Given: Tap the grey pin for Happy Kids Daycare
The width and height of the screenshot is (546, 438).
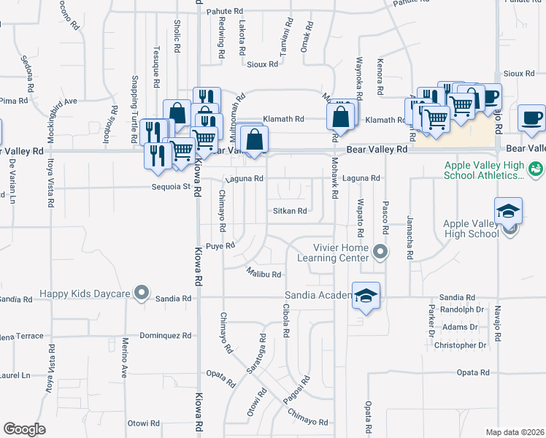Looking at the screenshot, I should click(x=142, y=294).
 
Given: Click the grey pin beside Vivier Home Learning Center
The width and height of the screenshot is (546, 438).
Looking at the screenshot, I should click(x=380, y=253).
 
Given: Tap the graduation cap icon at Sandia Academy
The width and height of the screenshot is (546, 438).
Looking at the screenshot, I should click(x=367, y=295).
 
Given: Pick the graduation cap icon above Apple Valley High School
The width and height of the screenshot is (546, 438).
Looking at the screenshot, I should click(x=508, y=211).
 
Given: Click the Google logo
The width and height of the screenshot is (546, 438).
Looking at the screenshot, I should click(x=24, y=429).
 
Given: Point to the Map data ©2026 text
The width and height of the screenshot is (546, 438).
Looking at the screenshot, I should click(x=515, y=432).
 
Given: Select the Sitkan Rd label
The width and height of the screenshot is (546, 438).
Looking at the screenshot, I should click(x=290, y=211).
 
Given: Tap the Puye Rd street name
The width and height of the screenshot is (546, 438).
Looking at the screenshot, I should click(x=220, y=246).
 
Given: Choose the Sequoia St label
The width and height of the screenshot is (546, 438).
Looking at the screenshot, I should click(x=175, y=186).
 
